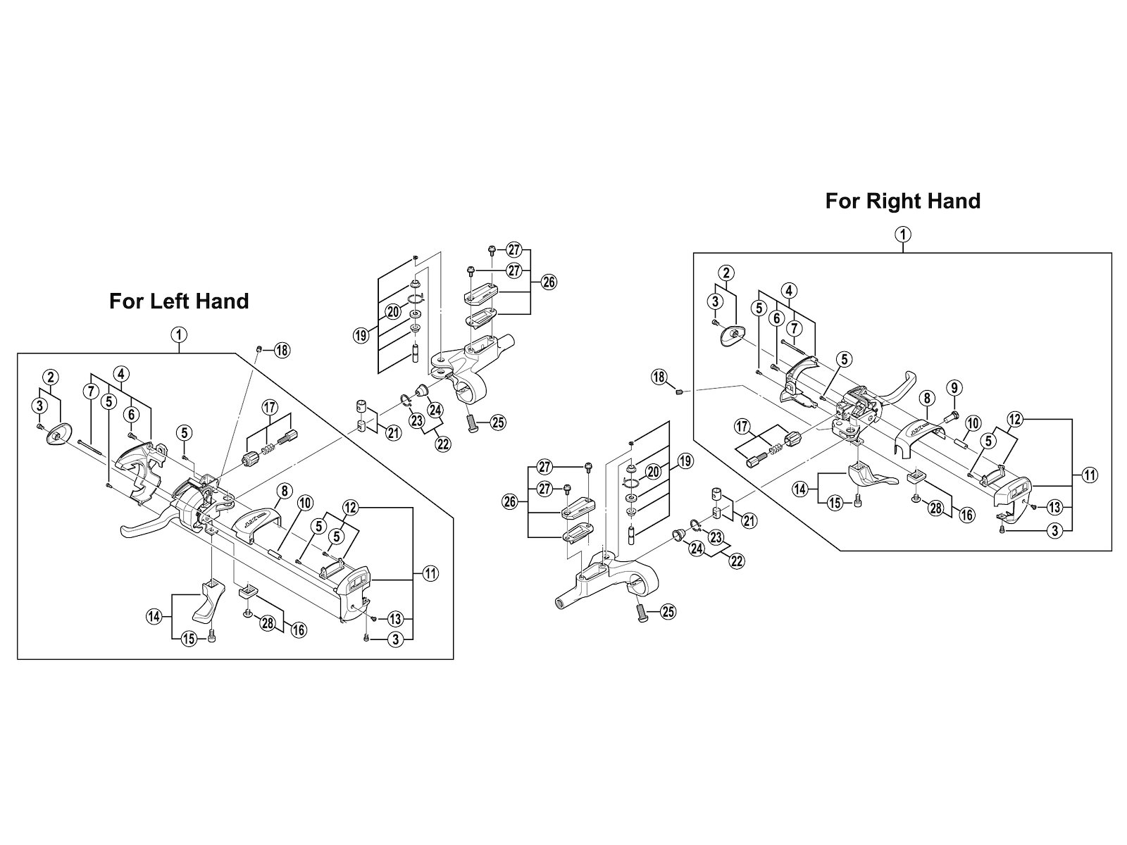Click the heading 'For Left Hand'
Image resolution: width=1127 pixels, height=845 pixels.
tap(179, 301)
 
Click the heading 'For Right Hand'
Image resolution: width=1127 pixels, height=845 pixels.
tap(902, 201)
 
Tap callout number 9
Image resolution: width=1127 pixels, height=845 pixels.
tap(954, 387)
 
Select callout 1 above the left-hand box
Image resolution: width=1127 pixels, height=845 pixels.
tap(179, 335)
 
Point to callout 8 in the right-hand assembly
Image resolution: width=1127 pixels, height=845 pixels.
tap(927, 398)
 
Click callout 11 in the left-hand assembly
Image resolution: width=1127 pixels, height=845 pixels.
tap(430, 573)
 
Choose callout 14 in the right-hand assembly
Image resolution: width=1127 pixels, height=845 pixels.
tap(800, 489)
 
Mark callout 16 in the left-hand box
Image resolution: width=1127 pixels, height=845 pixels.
tap(299, 630)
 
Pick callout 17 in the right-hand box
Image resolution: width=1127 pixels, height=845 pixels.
tap(742, 426)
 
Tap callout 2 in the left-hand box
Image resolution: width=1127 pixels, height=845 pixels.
tap(50, 377)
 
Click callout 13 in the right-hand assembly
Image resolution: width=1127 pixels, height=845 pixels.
tap(1054, 508)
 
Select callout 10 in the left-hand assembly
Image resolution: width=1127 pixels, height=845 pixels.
tap(305, 503)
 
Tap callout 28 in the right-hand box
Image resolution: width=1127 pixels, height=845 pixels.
tap(937, 508)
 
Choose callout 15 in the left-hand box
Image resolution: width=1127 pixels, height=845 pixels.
tap(189, 639)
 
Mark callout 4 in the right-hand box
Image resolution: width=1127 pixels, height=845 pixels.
tap(789, 291)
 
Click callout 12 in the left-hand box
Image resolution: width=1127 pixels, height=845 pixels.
tap(350, 508)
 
